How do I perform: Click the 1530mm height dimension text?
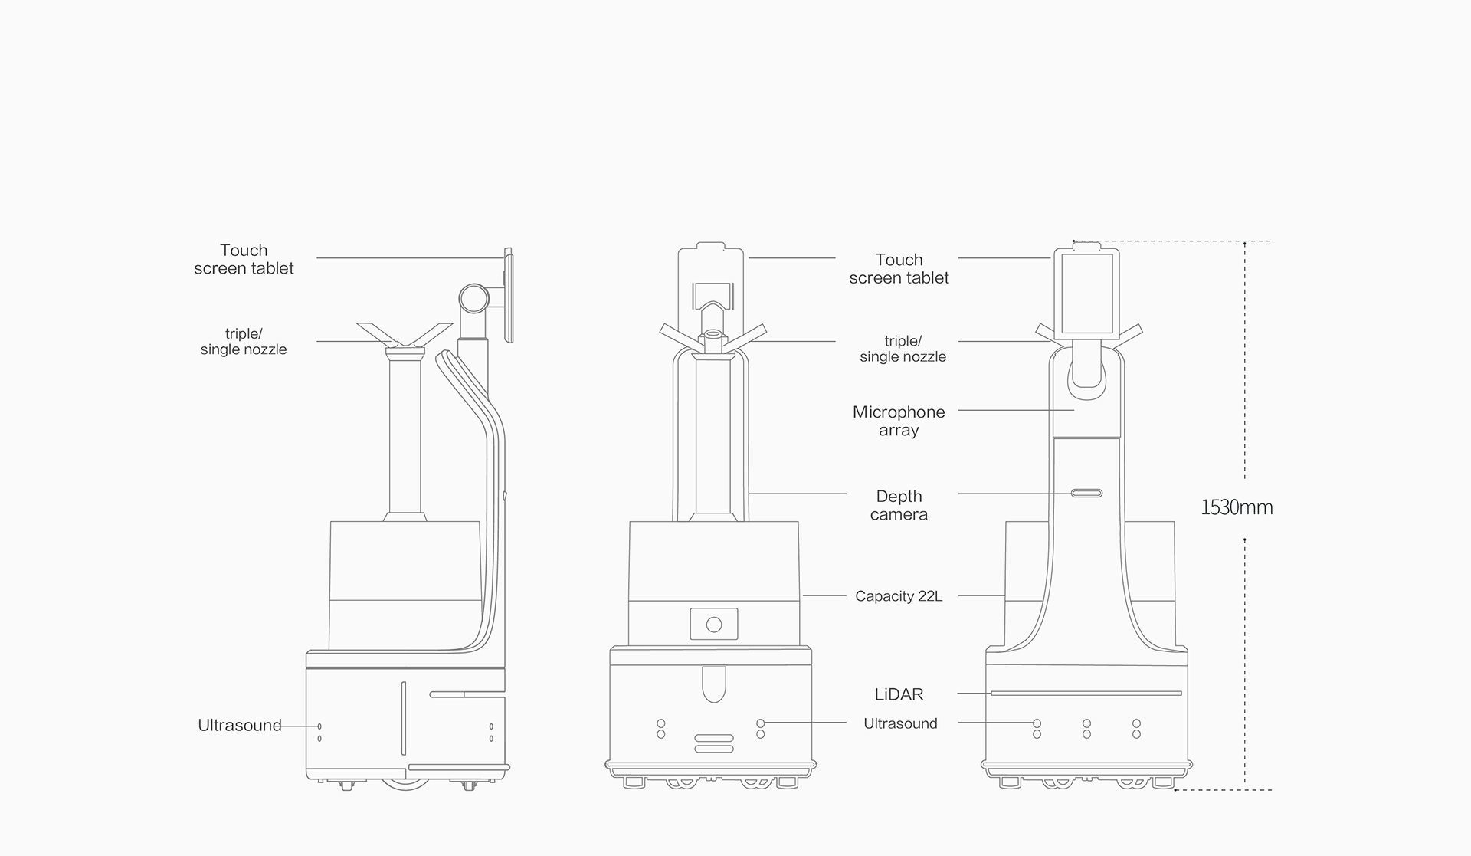[x=1236, y=507]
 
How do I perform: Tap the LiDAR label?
[x=899, y=694]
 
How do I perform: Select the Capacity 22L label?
[x=899, y=596]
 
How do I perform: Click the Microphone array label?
[x=899, y=421]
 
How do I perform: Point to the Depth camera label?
[x=899, y=506]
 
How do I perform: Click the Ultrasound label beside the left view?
[x=240, y=725]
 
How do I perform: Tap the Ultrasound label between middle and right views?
[x=900, y=723]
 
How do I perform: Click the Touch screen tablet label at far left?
[x=244, y=259]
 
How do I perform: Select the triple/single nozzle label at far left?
[x=244, y=342]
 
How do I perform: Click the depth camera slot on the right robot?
[x=1086, y=493]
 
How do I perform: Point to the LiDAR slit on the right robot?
[x=1086, y=694]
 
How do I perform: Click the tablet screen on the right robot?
[x=1086, y=294]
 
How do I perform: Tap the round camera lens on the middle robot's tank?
[x=714, y=625]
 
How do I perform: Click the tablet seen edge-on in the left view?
[x=508, y=295]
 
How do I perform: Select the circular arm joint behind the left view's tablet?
[x=474, y=298]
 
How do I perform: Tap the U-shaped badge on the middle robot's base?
[x=713, y=684]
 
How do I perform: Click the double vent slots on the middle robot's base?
[x=713, y=743]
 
